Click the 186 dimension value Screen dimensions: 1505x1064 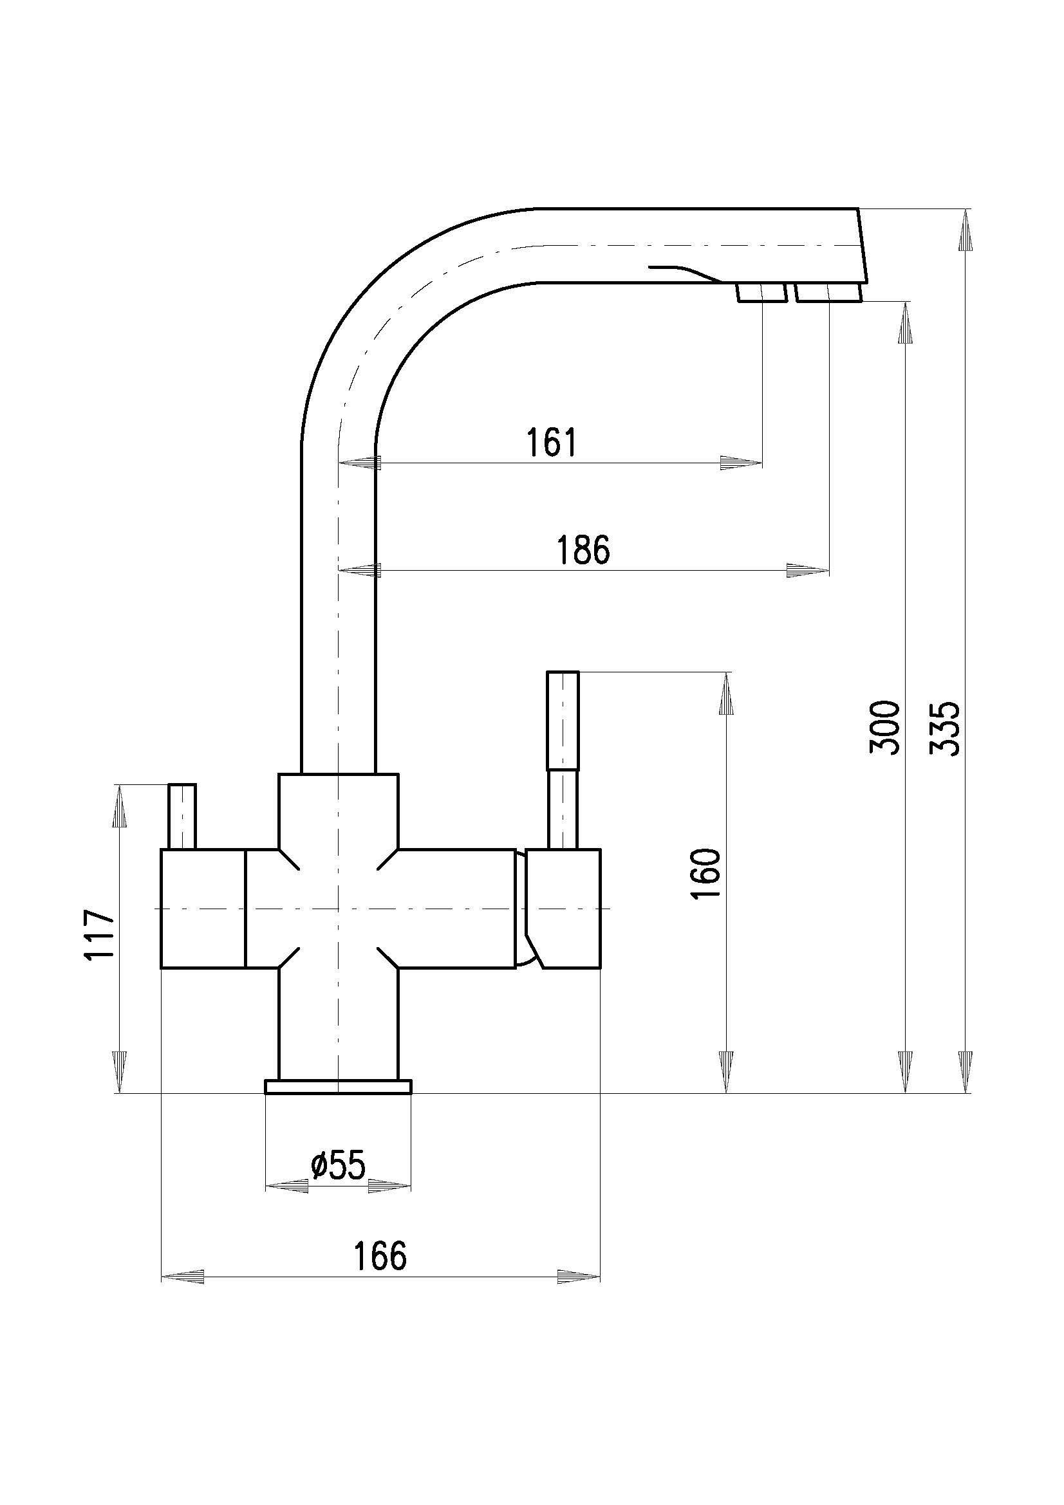(583, 550)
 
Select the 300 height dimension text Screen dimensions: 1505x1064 (884, 727)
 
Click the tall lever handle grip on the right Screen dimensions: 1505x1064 (563, 720)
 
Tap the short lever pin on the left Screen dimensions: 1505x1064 (182, 816)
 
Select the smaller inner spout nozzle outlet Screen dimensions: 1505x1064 (761, 293)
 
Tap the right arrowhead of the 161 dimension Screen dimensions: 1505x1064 (741, 463)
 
